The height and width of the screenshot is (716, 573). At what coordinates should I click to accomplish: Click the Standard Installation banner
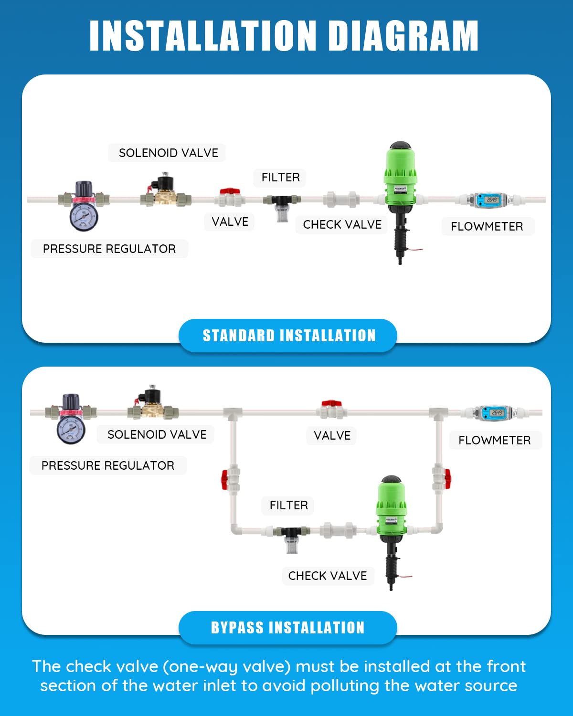tap(288, 336)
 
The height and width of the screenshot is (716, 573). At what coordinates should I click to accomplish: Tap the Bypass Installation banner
tap(288, 627)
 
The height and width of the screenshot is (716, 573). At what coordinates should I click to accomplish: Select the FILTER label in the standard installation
tap(280, 178)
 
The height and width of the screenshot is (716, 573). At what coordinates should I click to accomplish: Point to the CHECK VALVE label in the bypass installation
tap(328, 576)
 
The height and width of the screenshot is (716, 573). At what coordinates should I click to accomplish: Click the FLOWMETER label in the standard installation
tap(487, 226)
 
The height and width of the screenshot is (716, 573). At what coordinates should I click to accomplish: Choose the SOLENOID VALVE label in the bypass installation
tap(157, 434)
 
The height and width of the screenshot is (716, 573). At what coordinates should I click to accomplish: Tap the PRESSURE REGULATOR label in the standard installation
tap(109, 249)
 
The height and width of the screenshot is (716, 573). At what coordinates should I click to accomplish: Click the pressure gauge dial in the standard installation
tap(84, 216)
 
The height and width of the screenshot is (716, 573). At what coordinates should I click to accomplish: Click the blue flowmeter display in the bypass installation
tap(497, 412)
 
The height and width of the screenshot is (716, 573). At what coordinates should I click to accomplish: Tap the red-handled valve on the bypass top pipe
tap(332, 409)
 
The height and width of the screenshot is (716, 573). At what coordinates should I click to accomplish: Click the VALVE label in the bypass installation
tap(332, 435)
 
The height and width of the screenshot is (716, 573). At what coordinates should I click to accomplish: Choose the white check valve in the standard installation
tap(341, 199)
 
